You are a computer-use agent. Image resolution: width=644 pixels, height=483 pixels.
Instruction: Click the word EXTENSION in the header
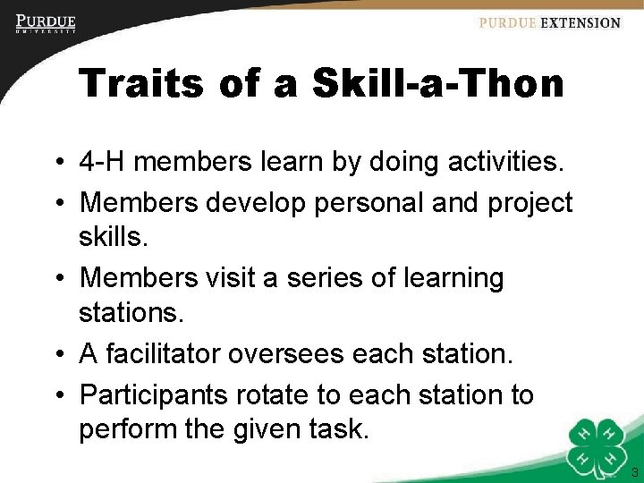[x=579, y=23]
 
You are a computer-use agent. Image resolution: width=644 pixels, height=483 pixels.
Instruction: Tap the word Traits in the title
[x=142, y=83]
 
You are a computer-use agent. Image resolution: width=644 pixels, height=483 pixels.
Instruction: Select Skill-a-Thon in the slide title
[x=437, y=83]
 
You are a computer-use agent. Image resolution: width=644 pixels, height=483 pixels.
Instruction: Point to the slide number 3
[x=634, y=472]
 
